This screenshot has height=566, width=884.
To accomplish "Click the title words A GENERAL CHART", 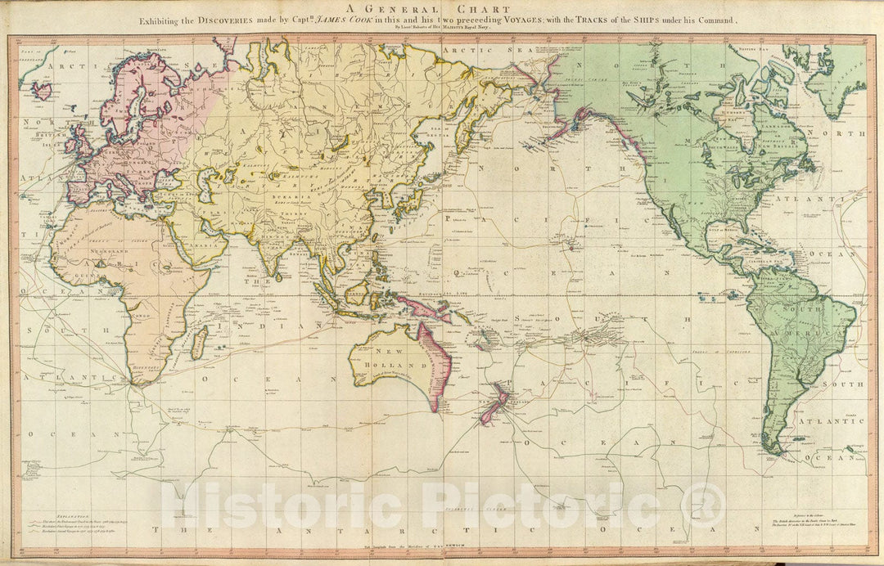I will click(x=442, y=9).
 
